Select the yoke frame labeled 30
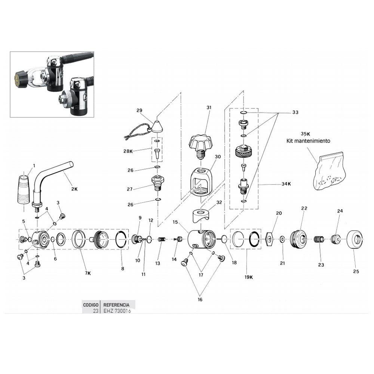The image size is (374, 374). tap(201, 182)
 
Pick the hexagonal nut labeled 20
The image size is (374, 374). tap(270, 239)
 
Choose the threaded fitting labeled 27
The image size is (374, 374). tap(158, 183)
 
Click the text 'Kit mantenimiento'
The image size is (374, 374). tap(308, 141)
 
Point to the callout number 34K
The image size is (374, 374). tap(286, 184)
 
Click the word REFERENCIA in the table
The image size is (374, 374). tap(116, 305)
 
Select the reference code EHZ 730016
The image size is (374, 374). tap(117, 311)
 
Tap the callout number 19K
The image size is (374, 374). tap(249, 277)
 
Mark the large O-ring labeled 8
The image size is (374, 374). tap(121, 239)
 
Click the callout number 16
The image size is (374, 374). tap(200, 299)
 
